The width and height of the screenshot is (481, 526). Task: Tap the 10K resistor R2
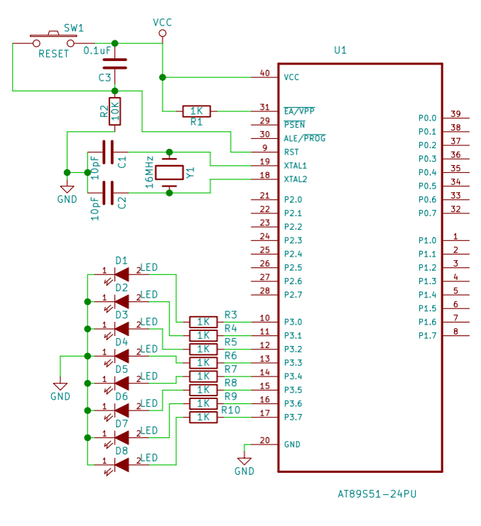pyautogui.click(x=114, y=111)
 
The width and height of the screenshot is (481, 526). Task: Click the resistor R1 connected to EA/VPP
pyautogui.click(x=196, y=111)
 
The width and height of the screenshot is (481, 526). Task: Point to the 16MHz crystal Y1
pyautogui.click(x=170, y=172)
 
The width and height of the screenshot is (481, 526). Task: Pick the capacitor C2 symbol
pyautogui.click(x=108, y=192)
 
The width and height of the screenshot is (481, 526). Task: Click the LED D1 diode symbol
pyautogui.click(x=121, y=274)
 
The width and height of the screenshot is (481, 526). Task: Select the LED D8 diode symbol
pyautogui.click(x=121, y=464)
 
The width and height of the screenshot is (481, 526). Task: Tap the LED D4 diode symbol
pyautogui.click(x=121, y=355)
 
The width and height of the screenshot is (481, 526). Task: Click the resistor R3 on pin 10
pyautogui.click(x=203, y=321)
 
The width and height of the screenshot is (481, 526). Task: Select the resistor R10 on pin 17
pyautogui.click(x=203, y=417)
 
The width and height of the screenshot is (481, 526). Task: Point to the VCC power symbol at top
pyautogui.click(x=162, y=33)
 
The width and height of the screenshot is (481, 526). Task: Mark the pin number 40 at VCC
pyautogui.click(x=265, y=73)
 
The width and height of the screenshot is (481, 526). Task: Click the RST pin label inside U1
pyautogui.click(x=292, y=152)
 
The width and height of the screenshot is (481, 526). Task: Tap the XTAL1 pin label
pyautogui.click(x=295, y=165)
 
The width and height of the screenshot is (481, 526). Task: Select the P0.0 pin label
pyautogui.click(x=427, y=118)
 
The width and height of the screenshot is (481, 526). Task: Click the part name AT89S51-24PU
pyautogui.click(x=377, y=493)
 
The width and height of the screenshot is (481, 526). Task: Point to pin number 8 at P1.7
pyautogui.click(x=456, y=331)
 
